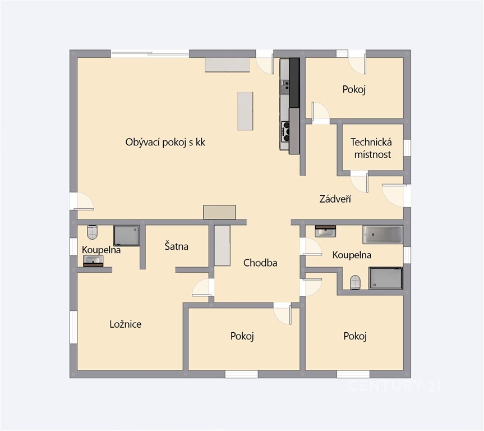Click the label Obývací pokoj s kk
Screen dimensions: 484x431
tap(165, 142)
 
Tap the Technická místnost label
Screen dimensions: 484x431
tap(372, 148)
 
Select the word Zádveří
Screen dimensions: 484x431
tap(335, 199)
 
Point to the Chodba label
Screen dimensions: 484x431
tap(260, 263)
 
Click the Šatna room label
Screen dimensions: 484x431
tap(176, 246)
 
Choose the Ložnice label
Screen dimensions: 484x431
tap(126, 324)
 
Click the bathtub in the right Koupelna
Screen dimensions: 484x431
tap(382, 235)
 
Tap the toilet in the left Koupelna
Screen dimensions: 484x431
tap(93, 232)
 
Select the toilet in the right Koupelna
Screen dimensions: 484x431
tap(355, 282)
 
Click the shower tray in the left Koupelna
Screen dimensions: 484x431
tap(127, 236)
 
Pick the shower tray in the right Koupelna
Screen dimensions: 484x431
tap(385, 278)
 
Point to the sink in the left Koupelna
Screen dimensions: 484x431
tap(93, 260)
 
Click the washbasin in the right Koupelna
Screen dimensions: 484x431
tap(325, 231)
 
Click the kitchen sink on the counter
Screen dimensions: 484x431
tap(285, 85)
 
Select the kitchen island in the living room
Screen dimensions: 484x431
tap(246, 111)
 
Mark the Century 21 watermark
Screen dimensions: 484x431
tap(395, 386)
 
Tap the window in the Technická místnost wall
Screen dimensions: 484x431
tap(407, 148)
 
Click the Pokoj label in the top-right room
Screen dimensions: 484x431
tap(354, 90)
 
